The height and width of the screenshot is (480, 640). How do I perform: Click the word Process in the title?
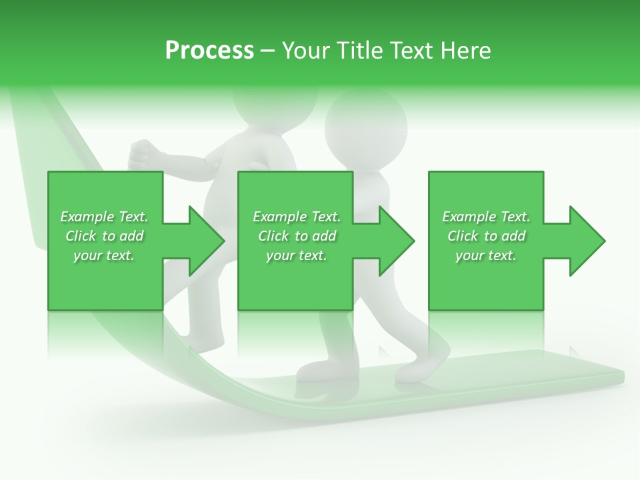coord(209,51)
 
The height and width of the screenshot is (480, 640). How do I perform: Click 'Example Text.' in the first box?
coord(104,217)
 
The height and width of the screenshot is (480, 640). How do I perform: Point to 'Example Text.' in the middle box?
coord(297,217)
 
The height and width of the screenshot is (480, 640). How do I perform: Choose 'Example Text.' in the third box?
coord(486,217)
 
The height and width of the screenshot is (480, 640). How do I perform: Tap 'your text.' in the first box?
coord(104,255)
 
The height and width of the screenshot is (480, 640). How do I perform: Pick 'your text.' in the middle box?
coord(297,255)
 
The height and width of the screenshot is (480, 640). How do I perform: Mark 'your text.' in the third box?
coord(486,255)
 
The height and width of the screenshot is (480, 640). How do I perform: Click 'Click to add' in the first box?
coord(104,236)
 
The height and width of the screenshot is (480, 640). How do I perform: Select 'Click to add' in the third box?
coord(486,236)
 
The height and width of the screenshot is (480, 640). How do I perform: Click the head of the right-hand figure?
coord(365,123)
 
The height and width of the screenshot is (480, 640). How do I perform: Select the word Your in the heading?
coord(305,51)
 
